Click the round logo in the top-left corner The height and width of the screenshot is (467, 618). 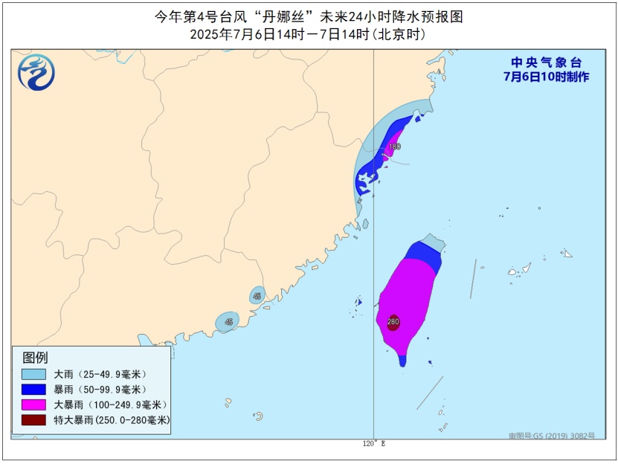[36, 71]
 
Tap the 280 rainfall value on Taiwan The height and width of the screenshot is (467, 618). [393, 322]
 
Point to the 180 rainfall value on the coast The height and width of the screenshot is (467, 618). [394, 146]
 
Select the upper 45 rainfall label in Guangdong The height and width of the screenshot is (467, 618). [257, 296]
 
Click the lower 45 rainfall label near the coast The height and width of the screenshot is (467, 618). [228, 322]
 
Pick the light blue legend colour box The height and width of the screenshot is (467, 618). [34, 373]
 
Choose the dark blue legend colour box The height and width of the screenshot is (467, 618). [34, 389]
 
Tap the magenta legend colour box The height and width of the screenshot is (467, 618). [34, 405]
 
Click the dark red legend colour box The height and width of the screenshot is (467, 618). [34, 420]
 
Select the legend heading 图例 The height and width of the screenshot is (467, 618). [36, 358]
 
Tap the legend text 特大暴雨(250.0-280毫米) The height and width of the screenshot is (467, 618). [112, 420]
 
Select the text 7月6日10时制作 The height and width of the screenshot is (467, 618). [546, 77]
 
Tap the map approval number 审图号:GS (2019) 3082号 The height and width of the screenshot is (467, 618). [551, 436]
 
